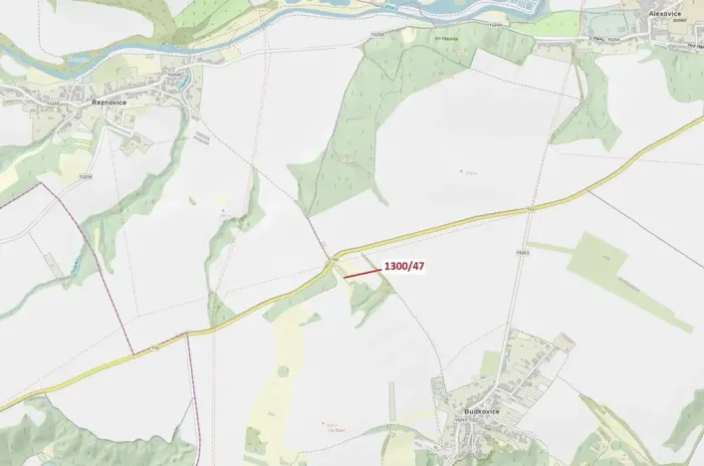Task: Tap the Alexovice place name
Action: (664, 13)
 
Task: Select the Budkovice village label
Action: (481, 410)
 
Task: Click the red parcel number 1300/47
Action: (404, 266)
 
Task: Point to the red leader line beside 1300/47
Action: (361, 271)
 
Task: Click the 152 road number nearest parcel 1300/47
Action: (336, 259)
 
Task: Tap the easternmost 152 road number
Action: (531, 209)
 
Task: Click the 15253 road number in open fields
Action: (521, 253)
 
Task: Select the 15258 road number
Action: (87, 176)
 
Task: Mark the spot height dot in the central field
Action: (462, 170)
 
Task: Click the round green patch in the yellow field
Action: (283, 370)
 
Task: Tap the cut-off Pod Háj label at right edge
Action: (694, 46)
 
